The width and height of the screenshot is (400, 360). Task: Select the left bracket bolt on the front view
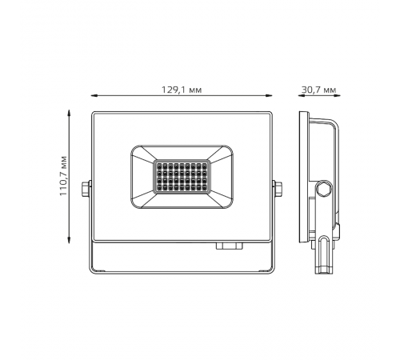click(x=86, y=189)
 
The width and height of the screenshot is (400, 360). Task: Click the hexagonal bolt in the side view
click(x=323, y=189)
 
